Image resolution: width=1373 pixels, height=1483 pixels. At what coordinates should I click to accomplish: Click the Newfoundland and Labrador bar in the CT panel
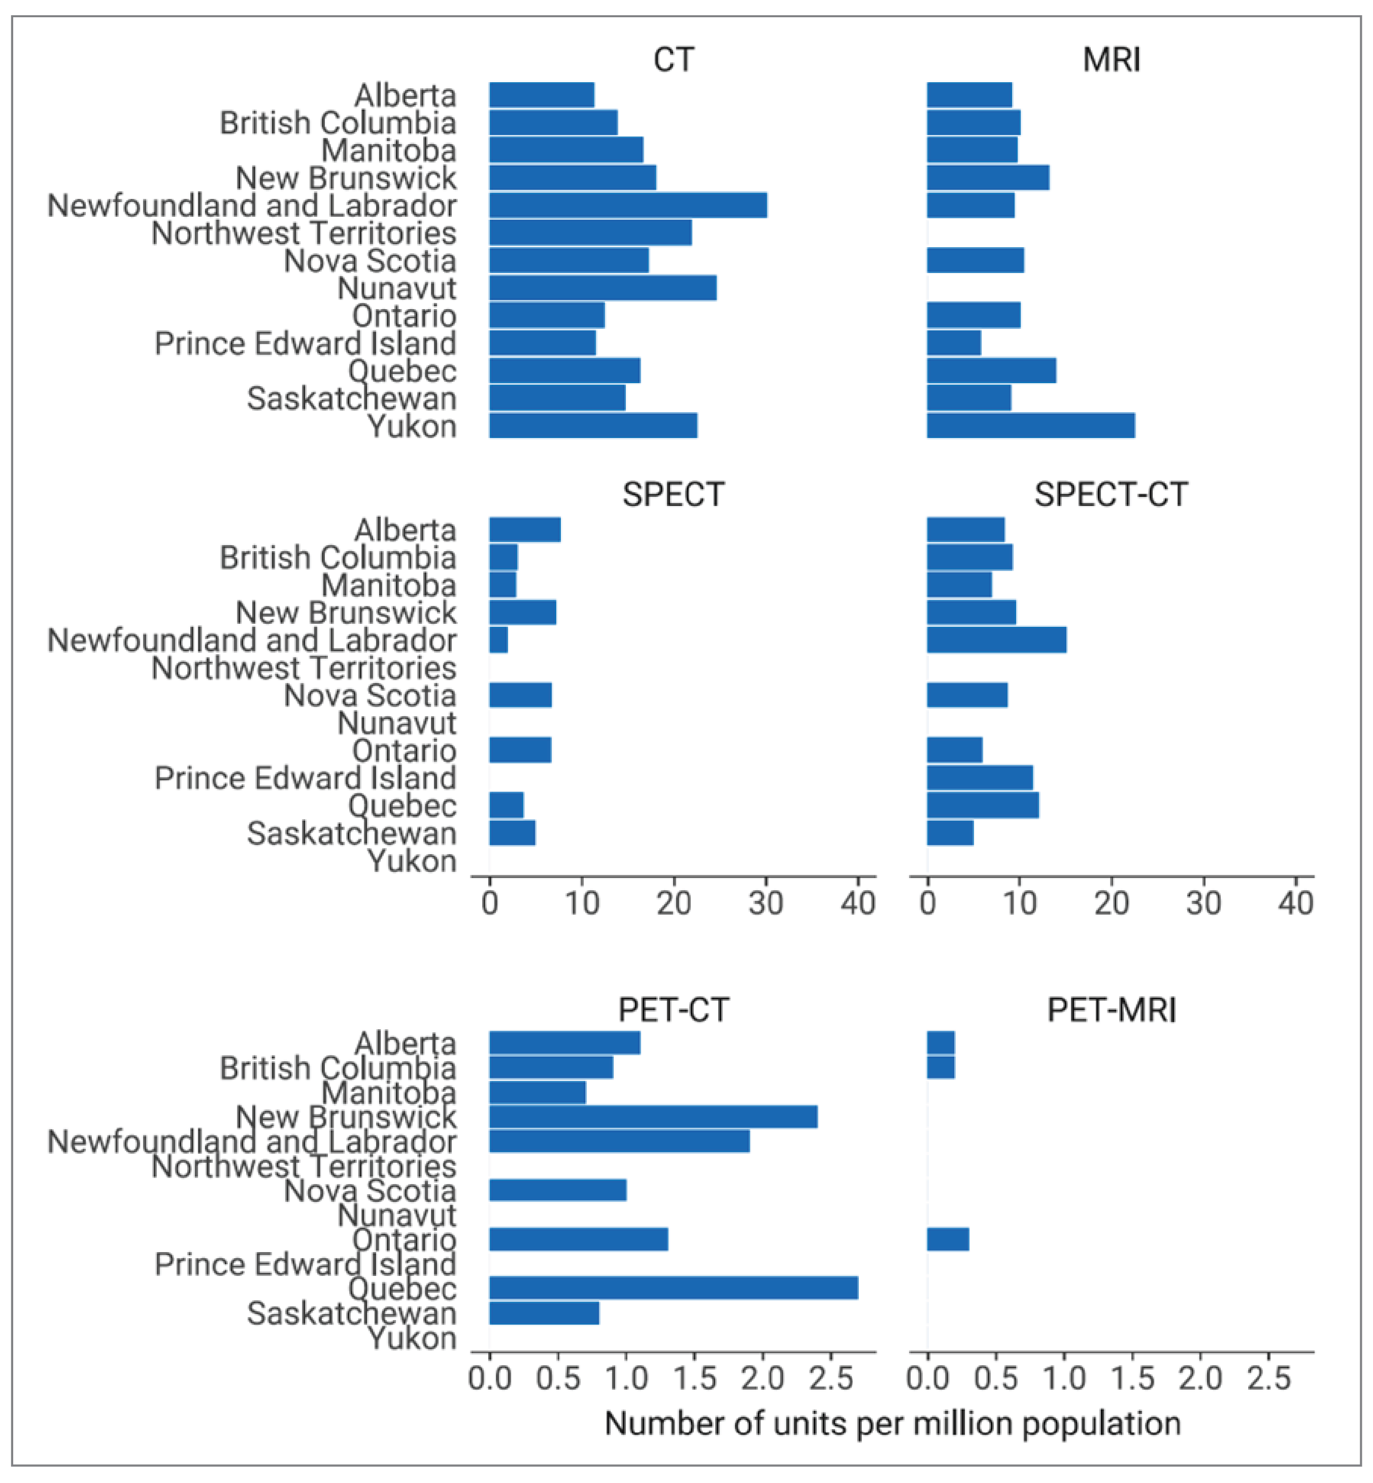(628, 205)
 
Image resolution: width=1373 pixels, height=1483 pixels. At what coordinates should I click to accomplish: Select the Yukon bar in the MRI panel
(1030, 426)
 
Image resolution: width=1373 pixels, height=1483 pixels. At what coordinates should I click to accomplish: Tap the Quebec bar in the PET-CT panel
(673, 1288)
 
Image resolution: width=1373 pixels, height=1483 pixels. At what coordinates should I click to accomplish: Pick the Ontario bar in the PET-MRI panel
(947, 1239)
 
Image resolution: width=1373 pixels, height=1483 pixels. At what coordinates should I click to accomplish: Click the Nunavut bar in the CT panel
(602, 288)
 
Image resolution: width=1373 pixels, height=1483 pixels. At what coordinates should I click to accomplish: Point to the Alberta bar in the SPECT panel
(524, 530)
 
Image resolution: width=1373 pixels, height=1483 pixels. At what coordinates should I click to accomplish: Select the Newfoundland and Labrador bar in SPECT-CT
(996, 639)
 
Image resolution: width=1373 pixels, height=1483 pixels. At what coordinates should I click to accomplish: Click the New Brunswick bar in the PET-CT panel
(653, 1117)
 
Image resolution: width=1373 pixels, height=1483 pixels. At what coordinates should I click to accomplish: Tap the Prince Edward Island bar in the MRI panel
(953, 343)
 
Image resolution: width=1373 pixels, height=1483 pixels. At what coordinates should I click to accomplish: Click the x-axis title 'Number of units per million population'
(892, 1424)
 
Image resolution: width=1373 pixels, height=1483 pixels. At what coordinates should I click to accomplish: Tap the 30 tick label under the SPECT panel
(765, 903)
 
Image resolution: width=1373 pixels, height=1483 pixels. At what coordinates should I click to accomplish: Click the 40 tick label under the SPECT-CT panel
(1295, 903)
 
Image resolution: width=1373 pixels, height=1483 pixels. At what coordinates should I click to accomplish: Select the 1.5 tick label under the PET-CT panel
(694, 1378)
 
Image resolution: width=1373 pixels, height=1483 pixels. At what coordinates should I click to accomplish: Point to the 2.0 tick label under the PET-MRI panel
(1200, 1378)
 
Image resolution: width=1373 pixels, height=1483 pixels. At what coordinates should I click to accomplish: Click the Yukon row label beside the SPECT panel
(412, 861)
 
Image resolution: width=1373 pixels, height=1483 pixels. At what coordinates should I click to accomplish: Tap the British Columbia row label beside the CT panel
(338, 123)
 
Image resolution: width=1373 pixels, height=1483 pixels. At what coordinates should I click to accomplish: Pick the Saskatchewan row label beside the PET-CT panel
(351, 1313)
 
